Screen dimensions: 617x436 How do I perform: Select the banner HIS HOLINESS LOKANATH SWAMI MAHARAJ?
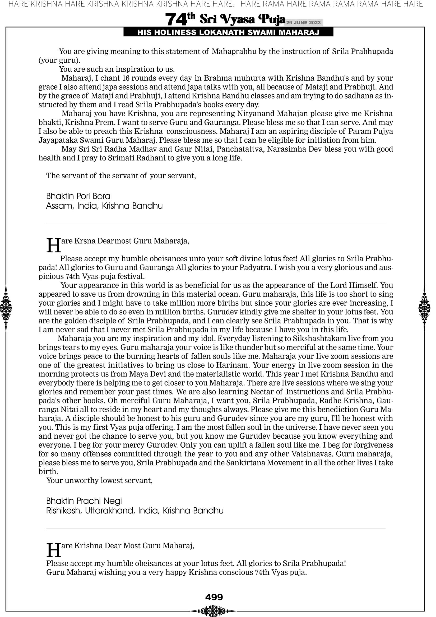coord(228,33)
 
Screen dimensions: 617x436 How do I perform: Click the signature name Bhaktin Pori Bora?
coord(78,196)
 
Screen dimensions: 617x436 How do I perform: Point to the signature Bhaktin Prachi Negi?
coord(84,501)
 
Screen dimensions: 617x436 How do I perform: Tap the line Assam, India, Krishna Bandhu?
coord(104,206)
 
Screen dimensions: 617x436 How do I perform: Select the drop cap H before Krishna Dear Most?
coord(54,550)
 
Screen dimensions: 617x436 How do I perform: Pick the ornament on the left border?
coord(6,308)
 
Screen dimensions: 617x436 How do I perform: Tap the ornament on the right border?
coord(424,308)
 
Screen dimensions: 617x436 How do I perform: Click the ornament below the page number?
coord(214,611)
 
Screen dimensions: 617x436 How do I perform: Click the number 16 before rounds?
coord(126,78)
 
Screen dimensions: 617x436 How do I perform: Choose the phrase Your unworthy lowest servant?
coord(99,480)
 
